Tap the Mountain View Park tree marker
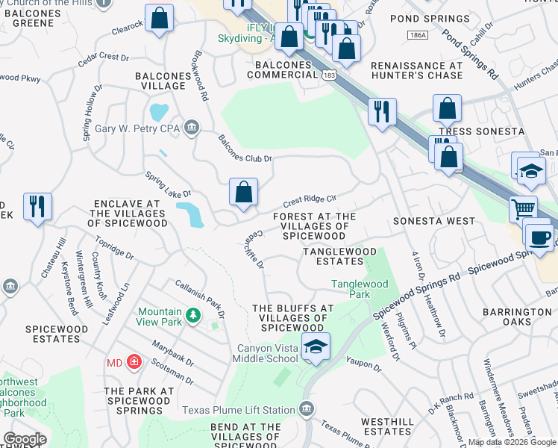(193, 316)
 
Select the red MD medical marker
(134, 363)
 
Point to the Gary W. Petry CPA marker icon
(192, 128)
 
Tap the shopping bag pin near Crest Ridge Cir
(243, 192)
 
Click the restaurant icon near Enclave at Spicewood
(37, 205)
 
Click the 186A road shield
(418, 35)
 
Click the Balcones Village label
(160, 81)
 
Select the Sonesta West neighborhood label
(433, 222)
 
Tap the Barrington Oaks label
(516, 317)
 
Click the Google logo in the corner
(25, 439)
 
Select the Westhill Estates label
(386, 426)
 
